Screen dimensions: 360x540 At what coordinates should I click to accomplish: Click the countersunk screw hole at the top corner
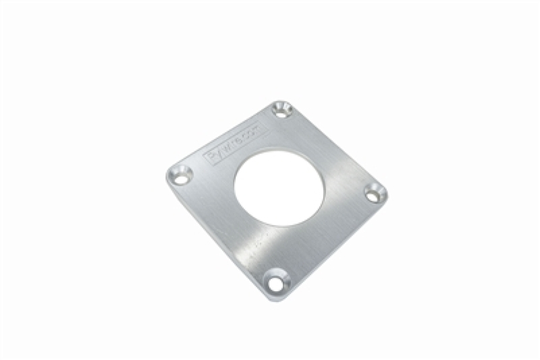(x=281, y=109)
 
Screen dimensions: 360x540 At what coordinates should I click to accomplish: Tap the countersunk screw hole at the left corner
(x=180, y=174)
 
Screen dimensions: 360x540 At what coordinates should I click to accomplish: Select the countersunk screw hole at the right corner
(x=375, y=193)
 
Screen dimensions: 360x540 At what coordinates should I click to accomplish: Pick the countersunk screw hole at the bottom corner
(x=275, y=282)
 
